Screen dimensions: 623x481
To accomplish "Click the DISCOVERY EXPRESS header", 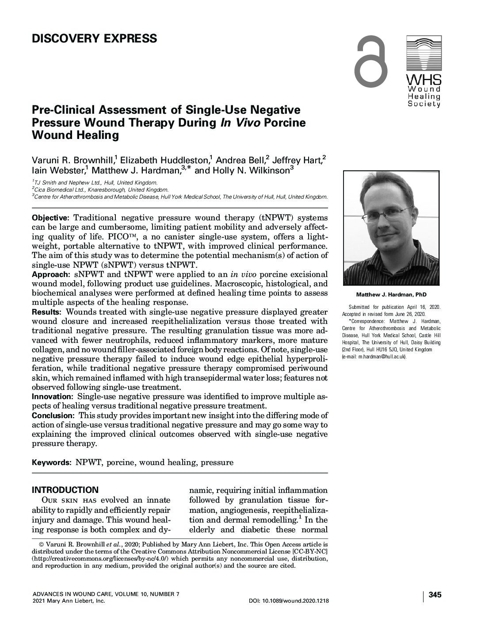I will click(x=94, y=39).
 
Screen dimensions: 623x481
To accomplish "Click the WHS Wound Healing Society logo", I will click(x=423, y=72).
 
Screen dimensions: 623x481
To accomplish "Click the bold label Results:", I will click(x=46, y=312).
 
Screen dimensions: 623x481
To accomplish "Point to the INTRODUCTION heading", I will click(x=65, y=490).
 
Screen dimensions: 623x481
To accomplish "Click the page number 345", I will click(x=435, y=595).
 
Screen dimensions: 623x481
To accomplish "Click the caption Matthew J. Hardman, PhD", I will click(x=391, y=295).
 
